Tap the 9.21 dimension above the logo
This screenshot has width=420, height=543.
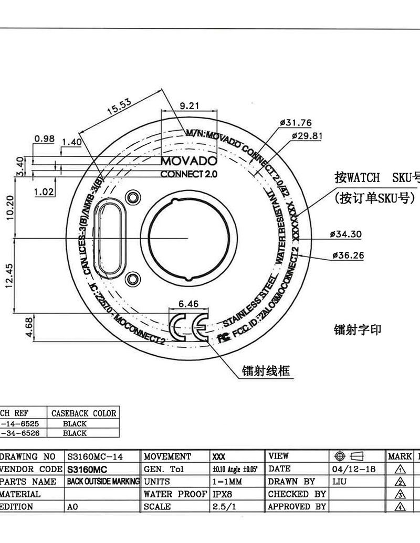(x=190, y=105)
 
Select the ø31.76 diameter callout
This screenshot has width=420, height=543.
(x=296, y=123)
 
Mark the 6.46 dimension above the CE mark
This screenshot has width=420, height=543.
(x=189, y=303)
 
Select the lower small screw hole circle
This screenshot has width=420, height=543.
(x=134, y=278)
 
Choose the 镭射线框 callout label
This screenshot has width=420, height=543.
(x=266, y=371)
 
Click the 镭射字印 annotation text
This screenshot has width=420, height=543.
(x=358, y=329)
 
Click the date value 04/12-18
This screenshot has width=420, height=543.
(x=354, y=469)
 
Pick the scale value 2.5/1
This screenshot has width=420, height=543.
(x=223, y=507)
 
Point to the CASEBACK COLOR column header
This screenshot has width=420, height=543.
(x=83, y=413)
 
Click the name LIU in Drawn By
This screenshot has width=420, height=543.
(x=340, y=482)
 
